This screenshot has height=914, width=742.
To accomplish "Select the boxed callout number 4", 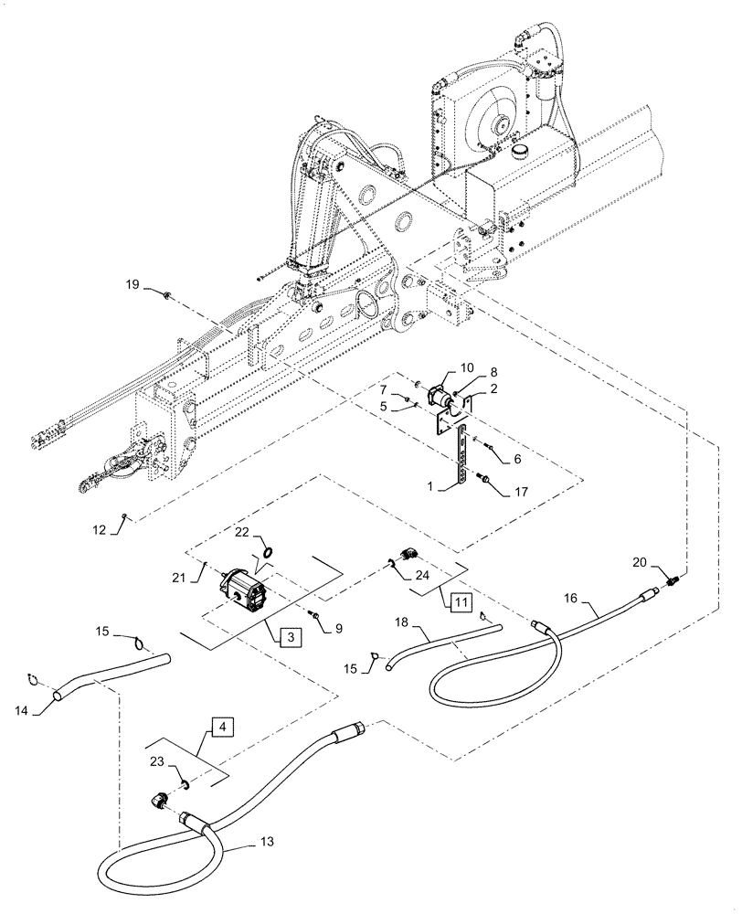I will tap(222, 728).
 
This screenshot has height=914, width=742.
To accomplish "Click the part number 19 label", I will tap(133, 286).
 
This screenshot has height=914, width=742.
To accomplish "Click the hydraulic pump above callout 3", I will tap(245, 590).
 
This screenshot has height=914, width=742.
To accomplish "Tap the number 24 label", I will tap(421, 575).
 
